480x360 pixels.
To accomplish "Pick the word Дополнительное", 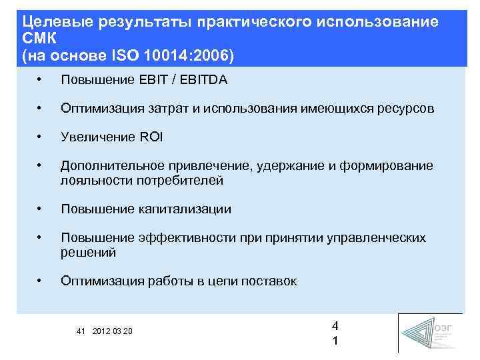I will (104, 166).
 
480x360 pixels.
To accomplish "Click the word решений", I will (88, 252).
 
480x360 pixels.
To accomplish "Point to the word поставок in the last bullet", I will (269, 281).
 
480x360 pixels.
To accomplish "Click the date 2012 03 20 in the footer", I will (113, 331).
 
